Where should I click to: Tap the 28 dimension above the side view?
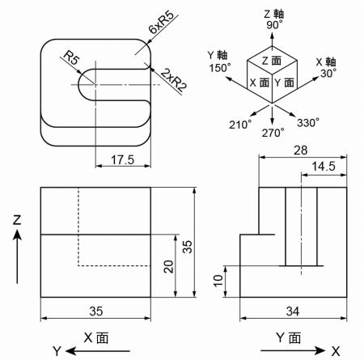tap(301, 151)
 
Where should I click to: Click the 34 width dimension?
tap(293, 309)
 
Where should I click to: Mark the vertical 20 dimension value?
tap(168, 266)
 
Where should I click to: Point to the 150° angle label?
tap(218, 70)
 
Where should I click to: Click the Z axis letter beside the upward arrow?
tap(16, 219)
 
